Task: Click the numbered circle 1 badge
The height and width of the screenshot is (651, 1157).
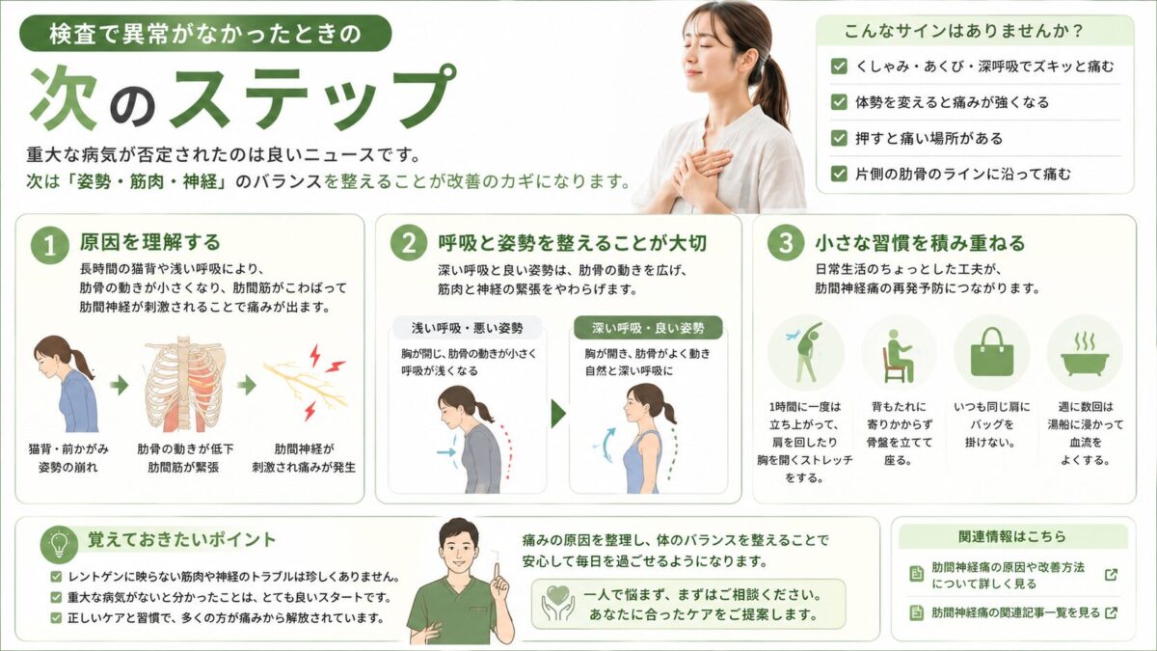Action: [49, 246]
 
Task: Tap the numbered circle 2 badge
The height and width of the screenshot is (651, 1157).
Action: [409, 243]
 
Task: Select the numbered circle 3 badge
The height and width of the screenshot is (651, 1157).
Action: [785, 243]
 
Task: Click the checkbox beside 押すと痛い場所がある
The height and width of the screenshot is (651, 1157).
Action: [839, 138]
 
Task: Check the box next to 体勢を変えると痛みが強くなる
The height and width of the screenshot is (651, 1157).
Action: [839, 102]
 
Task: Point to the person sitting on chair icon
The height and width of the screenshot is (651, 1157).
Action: [899, 356]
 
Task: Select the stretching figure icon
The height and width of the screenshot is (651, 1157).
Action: [805, 352]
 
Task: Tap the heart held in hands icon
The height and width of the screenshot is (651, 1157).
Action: [558, 603]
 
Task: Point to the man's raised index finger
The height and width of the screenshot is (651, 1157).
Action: [496, 573]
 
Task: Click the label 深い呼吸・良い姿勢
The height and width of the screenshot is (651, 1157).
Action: [648, 328]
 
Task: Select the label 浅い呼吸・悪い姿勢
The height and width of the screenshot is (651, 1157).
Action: [468, 328]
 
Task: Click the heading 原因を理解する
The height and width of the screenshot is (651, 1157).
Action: [150, 242]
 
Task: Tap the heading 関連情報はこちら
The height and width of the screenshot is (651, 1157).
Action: [1012, 536]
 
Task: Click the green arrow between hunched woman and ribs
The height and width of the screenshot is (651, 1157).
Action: [120, 386]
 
